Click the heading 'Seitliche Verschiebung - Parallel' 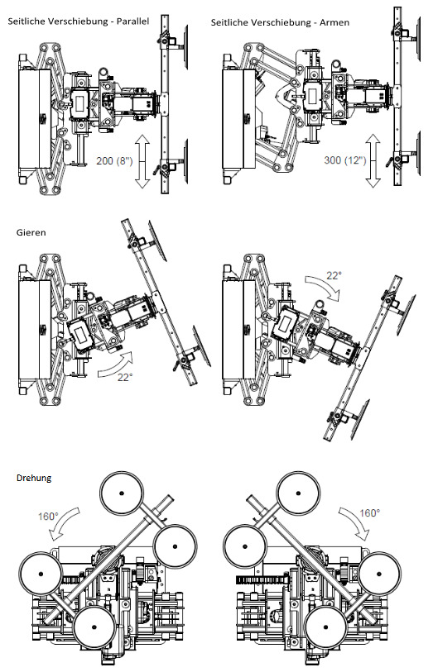coord(79,21)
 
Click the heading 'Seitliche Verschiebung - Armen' coord(280,22)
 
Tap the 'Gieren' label coord(31,233)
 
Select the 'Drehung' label coord(34,478)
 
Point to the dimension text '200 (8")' coord(114,160)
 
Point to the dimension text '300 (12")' coord(345,160)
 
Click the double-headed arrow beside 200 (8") coord(142,160)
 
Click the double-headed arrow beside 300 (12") coord(373,160)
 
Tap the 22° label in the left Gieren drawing coord(125,377)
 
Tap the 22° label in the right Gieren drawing coord(334,275)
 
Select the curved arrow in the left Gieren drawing coord(113,365)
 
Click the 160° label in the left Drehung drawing coord(48,516)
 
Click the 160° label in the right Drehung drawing coord(369,513)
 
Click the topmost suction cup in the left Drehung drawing coord(122,493)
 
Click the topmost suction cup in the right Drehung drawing coord(298,493)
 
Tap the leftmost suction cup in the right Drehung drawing coord(245,546)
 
